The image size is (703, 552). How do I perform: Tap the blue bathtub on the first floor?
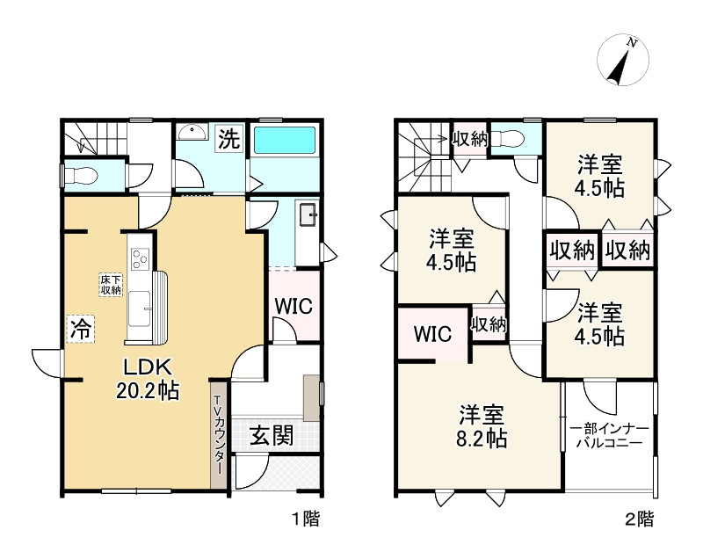(x=285, y=141)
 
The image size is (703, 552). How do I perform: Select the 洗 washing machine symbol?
(x=229, y=139)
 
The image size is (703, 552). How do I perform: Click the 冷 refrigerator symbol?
(x=81, y=329)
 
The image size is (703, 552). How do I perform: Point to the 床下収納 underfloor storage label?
(x=111, y=284)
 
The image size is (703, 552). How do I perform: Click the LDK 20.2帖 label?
(x=148, y=380)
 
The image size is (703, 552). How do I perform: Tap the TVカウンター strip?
(x=219, y=434)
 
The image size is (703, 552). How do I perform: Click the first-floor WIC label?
(x=294, y=306)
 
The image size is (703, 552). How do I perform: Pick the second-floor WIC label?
(x=432, y=334)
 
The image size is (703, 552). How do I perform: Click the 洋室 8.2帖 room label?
(x=482, y=426)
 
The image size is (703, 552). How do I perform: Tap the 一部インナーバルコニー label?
(x=609, y=436)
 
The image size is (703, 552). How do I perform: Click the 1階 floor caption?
(x=306, y=519)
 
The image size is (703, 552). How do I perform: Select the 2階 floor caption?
(x=640, y=519)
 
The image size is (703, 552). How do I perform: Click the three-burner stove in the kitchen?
(x=140, y=258)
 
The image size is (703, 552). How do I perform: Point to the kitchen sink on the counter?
(x=140, y=309)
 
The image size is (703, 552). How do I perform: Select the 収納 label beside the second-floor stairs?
(x=469, y=140)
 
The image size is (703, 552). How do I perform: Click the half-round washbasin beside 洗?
(x=192, y=133)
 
